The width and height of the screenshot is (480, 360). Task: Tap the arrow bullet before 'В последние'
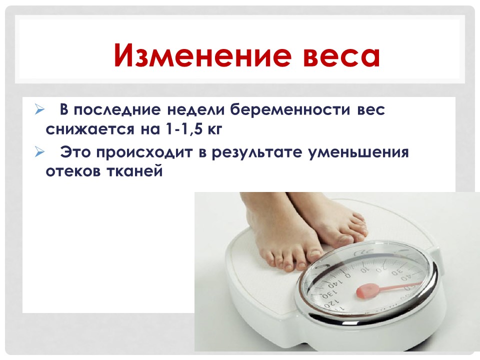point(39,109)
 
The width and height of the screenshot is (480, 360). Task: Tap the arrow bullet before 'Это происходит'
point(39,151)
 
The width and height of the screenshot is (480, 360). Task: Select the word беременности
point(290,109)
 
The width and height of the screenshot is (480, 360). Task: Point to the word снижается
point(90,129)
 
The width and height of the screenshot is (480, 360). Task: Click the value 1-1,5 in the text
point(183,129)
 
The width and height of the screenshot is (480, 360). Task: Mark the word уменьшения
point(358,152)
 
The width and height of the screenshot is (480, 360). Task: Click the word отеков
point(73,171)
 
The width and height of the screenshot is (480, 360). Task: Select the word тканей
point(134,171)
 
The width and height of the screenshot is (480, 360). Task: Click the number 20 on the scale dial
point(381,269)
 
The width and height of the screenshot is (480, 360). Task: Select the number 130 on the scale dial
point(329,294)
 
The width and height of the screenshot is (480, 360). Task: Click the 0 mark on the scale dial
point(348,275)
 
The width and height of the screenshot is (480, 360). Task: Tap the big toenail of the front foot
point(316,253)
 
